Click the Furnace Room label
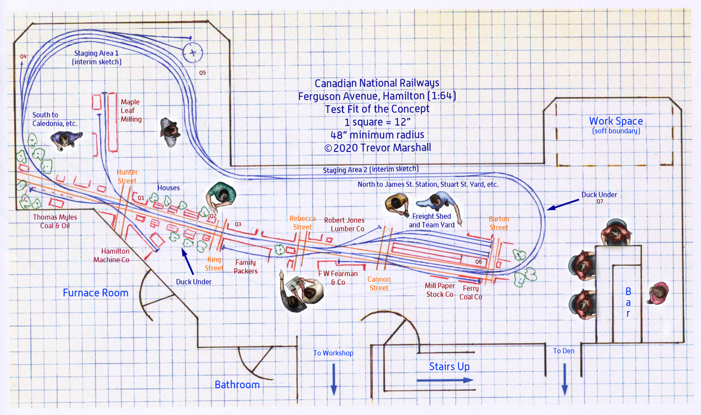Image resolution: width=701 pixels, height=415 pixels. pos(95,293)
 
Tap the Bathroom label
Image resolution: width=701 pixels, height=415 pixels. pos(237,385)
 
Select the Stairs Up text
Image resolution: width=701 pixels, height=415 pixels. pos(449,367)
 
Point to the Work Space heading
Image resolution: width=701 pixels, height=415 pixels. pos(615,122)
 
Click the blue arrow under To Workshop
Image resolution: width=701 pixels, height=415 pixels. pos(334,379)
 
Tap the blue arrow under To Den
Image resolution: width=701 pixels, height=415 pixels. pos(565,379)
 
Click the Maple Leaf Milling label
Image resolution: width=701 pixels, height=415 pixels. pos(131,111)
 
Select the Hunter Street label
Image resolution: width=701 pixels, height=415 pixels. pos(127,177)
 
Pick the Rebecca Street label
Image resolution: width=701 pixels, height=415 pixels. pos(302,223)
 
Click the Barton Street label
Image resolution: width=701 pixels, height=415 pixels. pos(499,223)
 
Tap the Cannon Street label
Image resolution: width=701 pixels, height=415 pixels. pos(379,284)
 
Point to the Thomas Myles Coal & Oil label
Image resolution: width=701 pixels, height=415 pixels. pos(55,222)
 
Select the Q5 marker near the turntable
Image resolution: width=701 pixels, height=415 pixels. pos(202,73)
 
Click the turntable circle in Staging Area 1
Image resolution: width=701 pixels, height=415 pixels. pos(193,53)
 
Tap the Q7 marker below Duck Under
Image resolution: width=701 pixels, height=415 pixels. pos(600,202)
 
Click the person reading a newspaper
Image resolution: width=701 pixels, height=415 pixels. pos(301,290)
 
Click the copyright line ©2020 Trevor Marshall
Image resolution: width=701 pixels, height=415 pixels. pos(377,148)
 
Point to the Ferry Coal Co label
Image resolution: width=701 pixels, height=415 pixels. pos(470,293)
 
